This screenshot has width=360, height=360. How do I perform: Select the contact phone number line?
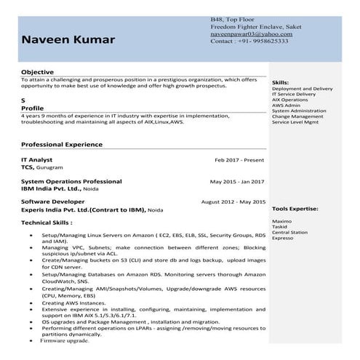[x=249, y=41]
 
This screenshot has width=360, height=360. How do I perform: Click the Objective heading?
[x=37, y=73]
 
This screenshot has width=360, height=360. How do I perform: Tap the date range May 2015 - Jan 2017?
[x=237, y=181]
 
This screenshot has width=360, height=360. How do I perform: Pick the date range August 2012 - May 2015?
[x=232, y=201]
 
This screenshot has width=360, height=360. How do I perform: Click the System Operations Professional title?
[x=71, y=180]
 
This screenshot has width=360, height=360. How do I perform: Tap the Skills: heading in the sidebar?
[x=280, y=84]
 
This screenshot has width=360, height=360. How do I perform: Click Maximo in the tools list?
[x=281, y=220]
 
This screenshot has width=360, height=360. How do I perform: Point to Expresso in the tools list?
[x=283, y=238]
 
